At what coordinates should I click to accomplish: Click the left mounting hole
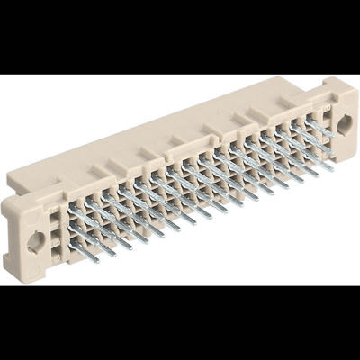[36, 240]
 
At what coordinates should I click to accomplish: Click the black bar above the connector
[180, 36]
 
